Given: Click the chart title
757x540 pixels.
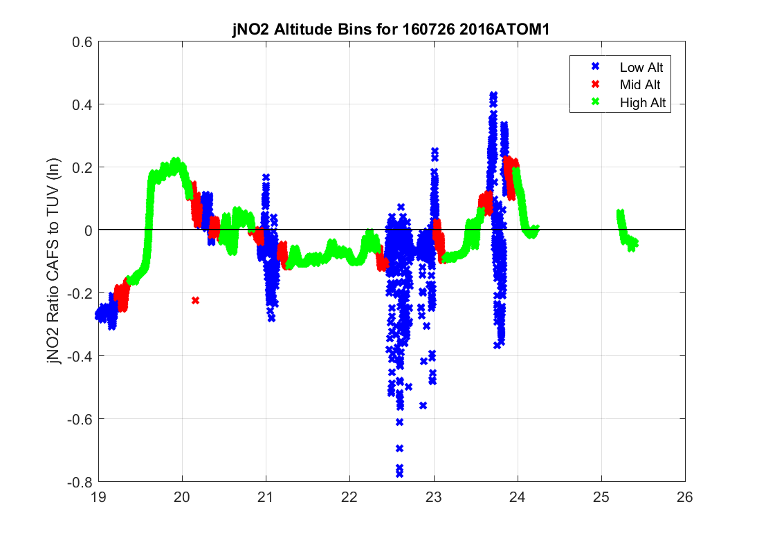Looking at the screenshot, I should (x=391, y=30).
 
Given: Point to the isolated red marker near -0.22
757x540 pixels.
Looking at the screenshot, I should (x=195, y=300).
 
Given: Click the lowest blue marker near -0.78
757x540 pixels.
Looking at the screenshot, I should (x=399, y=474).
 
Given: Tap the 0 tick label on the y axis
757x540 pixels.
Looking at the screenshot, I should (x=89, y=230).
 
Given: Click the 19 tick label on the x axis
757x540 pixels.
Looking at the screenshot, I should (x=98, y=496).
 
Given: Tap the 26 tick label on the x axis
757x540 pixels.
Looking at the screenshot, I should (x=685, y=496).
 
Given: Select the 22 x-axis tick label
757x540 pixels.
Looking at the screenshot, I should (x=350, y=496).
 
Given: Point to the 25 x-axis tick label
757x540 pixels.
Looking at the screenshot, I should (x=601, y=496).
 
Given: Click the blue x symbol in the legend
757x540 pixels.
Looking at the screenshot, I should (x=594, y=67).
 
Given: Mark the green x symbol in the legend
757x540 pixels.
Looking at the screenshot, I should (x=594, y=103).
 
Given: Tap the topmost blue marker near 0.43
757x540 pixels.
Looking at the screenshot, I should (x=493, y=95).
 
